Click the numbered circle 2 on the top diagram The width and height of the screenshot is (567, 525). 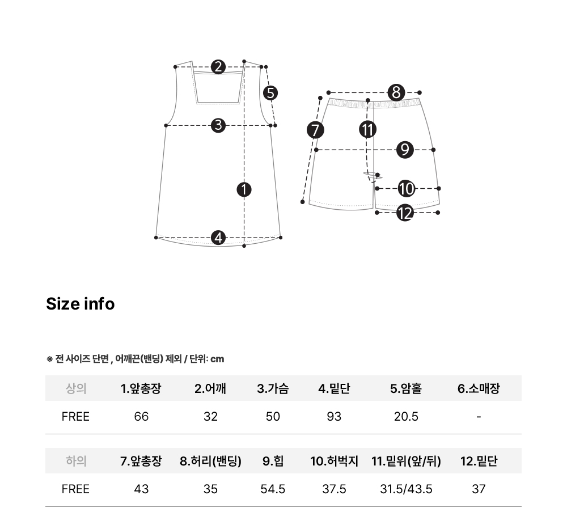218,67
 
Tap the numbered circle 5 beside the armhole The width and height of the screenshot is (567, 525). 270,93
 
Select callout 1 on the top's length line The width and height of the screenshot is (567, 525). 244,189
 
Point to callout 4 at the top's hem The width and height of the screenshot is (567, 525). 218,238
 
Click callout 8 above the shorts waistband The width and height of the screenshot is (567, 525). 396,92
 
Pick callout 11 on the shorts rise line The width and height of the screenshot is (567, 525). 368,129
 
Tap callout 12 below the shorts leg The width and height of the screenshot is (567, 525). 405,213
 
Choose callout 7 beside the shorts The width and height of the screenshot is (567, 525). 315,130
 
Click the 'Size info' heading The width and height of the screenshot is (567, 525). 81,304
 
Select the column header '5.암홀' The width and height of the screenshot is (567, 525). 406,388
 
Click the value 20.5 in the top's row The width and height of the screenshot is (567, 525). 406,417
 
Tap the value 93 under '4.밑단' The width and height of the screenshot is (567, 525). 334,417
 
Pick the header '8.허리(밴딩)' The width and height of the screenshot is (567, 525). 210,461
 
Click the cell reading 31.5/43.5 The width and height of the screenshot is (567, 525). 406,489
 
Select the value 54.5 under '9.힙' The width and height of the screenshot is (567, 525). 273,489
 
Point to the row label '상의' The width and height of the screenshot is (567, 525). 76,388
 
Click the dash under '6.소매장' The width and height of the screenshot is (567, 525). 479,417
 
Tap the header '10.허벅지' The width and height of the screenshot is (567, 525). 334,461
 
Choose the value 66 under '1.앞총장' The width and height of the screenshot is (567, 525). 141,417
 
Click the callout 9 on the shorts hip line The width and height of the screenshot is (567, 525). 405,150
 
